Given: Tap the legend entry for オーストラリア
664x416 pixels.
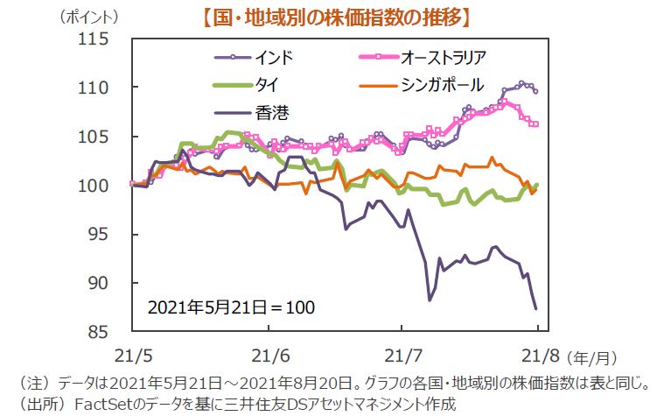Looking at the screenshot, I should click(443, 59).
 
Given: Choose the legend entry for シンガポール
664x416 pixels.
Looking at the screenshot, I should click(437, 85).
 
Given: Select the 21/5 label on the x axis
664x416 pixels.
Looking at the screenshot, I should click(130, 356).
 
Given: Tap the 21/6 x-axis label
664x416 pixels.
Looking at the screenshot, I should click(266, 356).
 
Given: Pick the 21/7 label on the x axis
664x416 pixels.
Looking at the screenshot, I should click(402, 356).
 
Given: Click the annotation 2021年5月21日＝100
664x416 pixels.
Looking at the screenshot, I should click(231, 307).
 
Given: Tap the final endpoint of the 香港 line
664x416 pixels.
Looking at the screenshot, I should click(535, 307).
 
